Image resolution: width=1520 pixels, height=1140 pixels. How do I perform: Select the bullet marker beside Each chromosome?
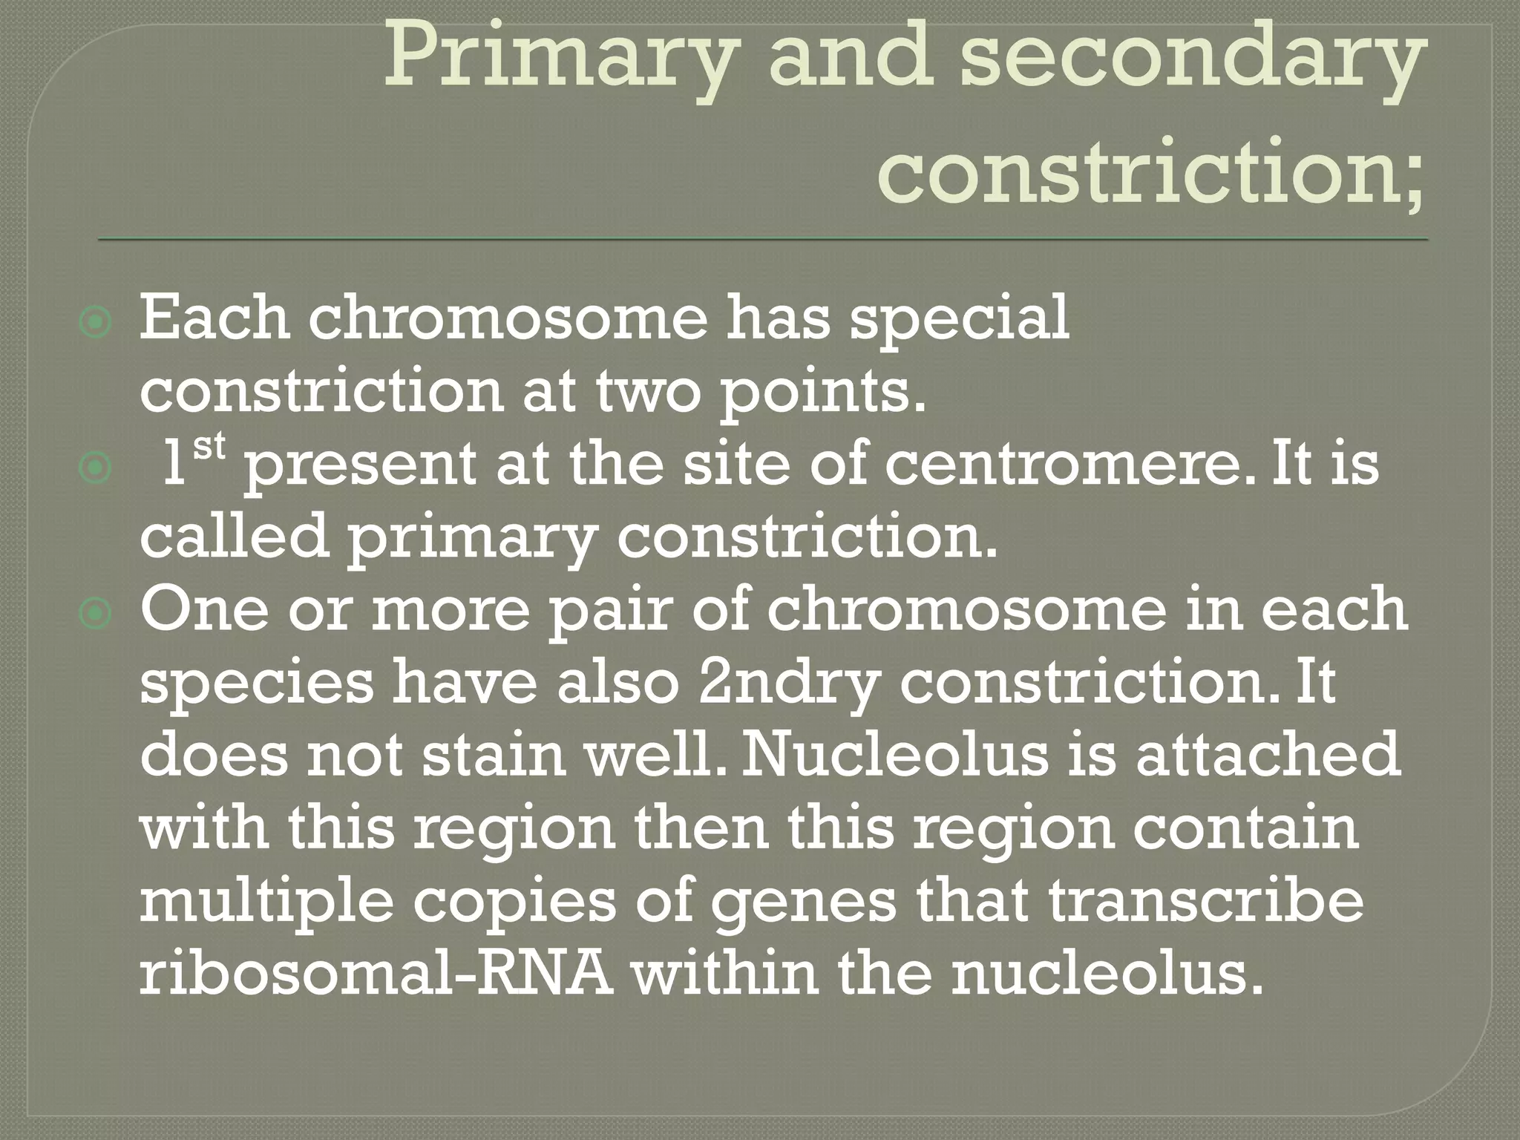pyautogui.click(x=95, y=322)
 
